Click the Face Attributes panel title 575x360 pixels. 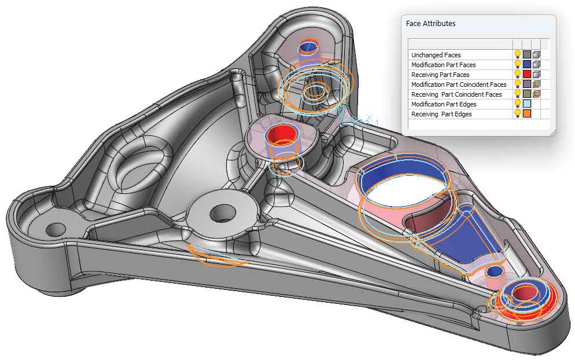click(431, 24)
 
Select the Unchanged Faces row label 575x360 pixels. click(436, 55)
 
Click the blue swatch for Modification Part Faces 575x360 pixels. click(527, 65)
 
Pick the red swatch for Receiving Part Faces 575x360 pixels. click(527, 75)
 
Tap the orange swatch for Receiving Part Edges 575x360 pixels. click(527, 114)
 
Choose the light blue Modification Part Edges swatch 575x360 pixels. click(527, 104)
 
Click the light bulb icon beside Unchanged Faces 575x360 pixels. click(518, 55)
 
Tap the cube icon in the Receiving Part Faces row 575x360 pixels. click(536, 75)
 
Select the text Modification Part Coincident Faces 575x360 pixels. click(459, 85)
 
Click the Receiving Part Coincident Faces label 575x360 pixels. click(456, 94)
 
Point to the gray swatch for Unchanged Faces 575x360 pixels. click(527, 55)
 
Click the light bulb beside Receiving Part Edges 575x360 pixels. click(518, 114)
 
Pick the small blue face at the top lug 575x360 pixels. click(305, 47)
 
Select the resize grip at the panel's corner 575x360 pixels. click(552, 133)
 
